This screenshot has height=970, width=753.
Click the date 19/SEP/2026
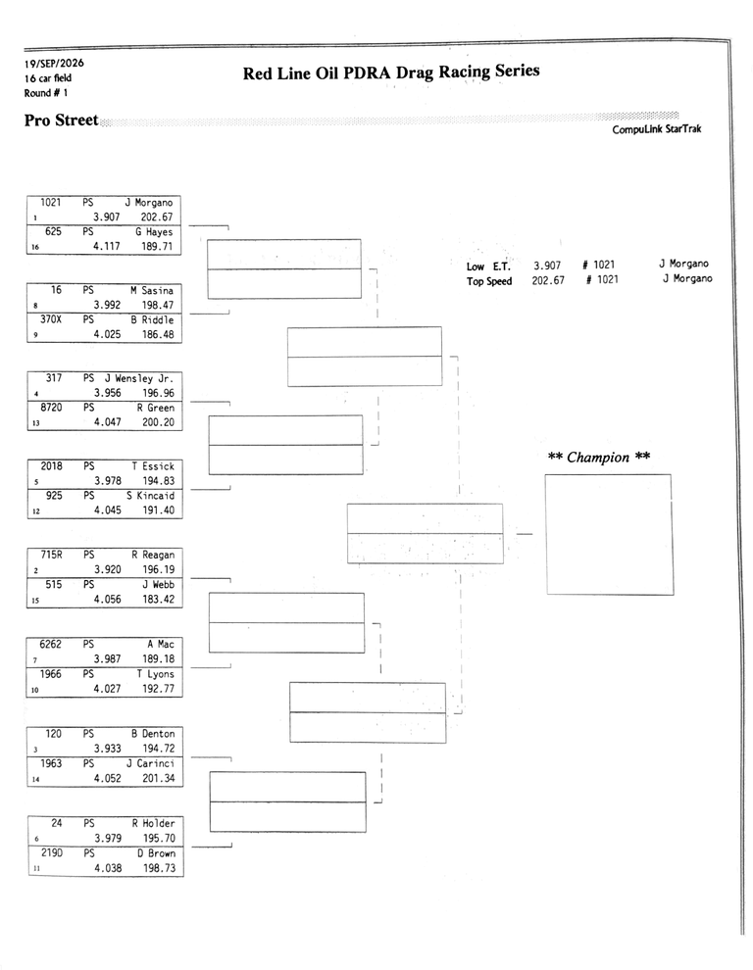(x=54, y=63)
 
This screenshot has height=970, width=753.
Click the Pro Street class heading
(x=62, y=120)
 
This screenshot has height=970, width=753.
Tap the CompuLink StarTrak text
(x=656, y=129)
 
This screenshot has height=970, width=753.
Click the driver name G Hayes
(x=154, y=232)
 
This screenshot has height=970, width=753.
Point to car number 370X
(x=51, y=319)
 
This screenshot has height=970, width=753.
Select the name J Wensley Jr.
(x=138, y=378)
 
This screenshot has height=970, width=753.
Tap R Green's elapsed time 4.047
(x=108, y=422)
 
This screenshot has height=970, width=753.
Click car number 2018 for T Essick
(x=51, y=466)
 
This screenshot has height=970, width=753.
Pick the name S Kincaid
(x=150, y=496)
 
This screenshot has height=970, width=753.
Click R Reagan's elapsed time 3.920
(x=108, y=569)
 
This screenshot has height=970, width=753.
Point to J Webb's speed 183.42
(x=159, y=600)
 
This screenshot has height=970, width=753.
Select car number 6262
(x=51, y=644)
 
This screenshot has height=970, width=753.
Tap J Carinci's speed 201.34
(x=159, y=778)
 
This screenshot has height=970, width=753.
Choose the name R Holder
(x=154, y=823)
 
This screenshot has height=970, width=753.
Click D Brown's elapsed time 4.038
(x=109, y=868)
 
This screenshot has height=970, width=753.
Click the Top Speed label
(x=489, y=281)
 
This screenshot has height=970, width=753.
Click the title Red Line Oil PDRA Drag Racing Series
(x=391, y=73)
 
